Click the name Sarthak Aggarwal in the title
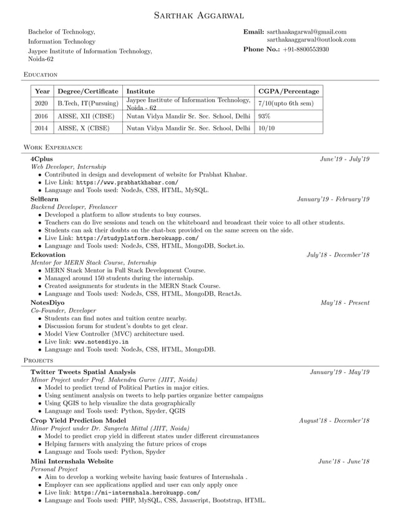tap(199, 15)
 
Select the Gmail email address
tap(306, 31)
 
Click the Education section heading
tap(41, 74)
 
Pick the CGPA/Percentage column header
tap(288, 91)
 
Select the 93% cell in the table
tap(264, 116)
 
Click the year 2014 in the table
tap(41, 128)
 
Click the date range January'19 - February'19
tap(333, 199)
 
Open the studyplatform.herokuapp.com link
tap(137, 238)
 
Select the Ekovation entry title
tap(47, 255)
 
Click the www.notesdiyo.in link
tap(101, 342)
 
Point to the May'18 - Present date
tap(344, 303)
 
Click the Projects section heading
tap(38, 360)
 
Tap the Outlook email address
tap(311, 39)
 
